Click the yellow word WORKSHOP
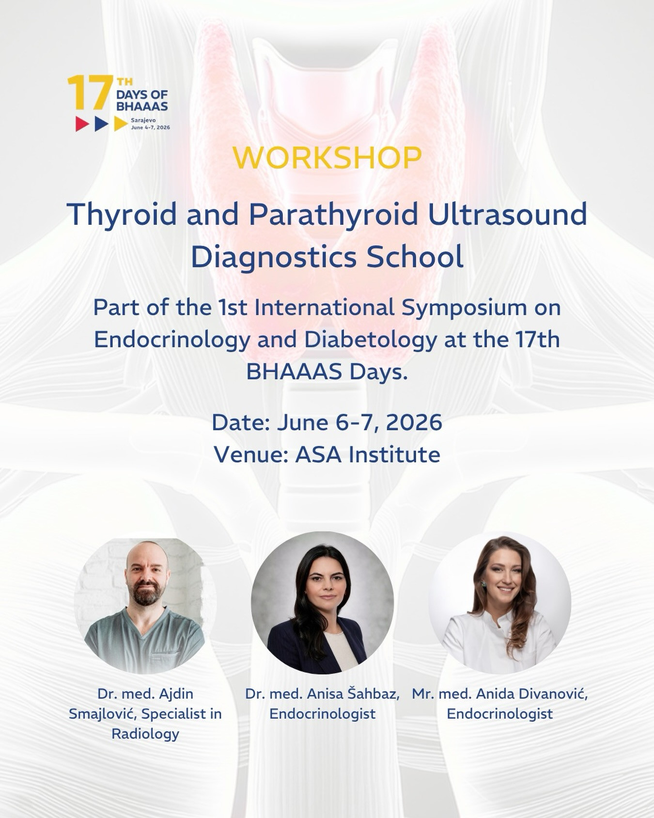[327, 157]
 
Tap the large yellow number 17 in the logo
[90, 92]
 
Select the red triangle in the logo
[82, 124]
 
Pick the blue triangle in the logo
[101, 124]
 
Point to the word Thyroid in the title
[122, 215]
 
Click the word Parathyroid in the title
[333, 215]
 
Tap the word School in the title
[415, 257]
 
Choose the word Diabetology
[371, 340]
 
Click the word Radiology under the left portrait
[145, 734]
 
